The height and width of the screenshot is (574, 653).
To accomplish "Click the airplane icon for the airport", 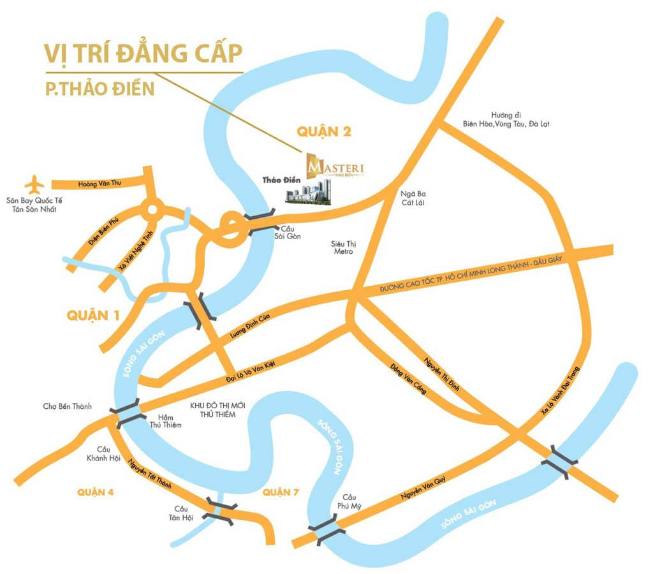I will pyautogui.click(x=34, y=185).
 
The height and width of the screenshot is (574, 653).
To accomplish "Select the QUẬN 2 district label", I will pyautogui.click(x=324, y=132).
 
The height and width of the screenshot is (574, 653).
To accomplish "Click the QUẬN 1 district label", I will pyautogui.click(x=93, y=316).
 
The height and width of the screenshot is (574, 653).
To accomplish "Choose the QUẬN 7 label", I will pyautogui.click(x=280, y=492).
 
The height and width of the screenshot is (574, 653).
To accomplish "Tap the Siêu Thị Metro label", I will pyautogui.click(x=342, y=247).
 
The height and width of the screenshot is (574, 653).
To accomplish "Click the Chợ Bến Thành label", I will pyautogui.click(x=68, y=406).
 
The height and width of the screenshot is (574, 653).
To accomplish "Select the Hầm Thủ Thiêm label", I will pyautogui.click(x=165, y=420).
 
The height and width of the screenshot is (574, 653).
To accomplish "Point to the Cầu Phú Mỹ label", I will pyautogui.click(x=348, y=502).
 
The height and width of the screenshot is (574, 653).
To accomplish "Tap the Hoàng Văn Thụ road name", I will pyautogui.click(x=99, y=184).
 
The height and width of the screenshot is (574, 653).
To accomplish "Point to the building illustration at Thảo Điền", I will pyautogui.click(x=309, y=193).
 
